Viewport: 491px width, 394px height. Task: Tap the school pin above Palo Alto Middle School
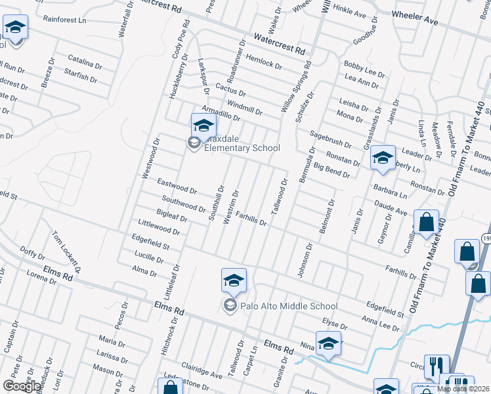click(x=234, y=281)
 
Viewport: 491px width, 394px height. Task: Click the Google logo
click(x=21, y=386)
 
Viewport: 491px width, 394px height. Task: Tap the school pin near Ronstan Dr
click(x=383, y=158)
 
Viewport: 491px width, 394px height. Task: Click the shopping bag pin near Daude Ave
click(x=427, y=223)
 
